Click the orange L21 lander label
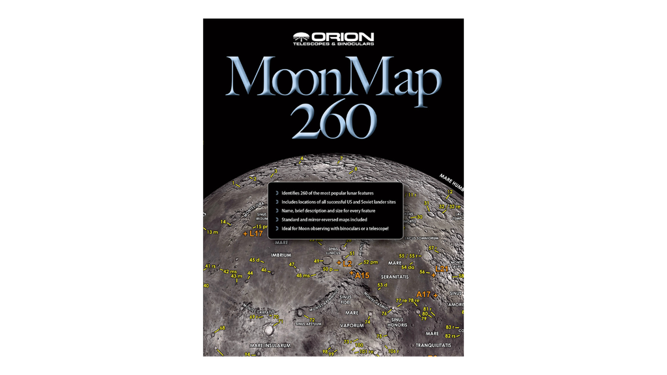point(442,268)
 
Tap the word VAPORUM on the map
point(351,324)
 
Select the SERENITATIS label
point(403,276)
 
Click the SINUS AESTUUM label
point(309,324)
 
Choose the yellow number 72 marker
point(313,319)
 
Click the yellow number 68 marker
point(222,329)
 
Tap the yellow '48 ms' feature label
point(304,276)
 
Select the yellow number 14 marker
point(223,222)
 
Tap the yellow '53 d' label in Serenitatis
point(382,286)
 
